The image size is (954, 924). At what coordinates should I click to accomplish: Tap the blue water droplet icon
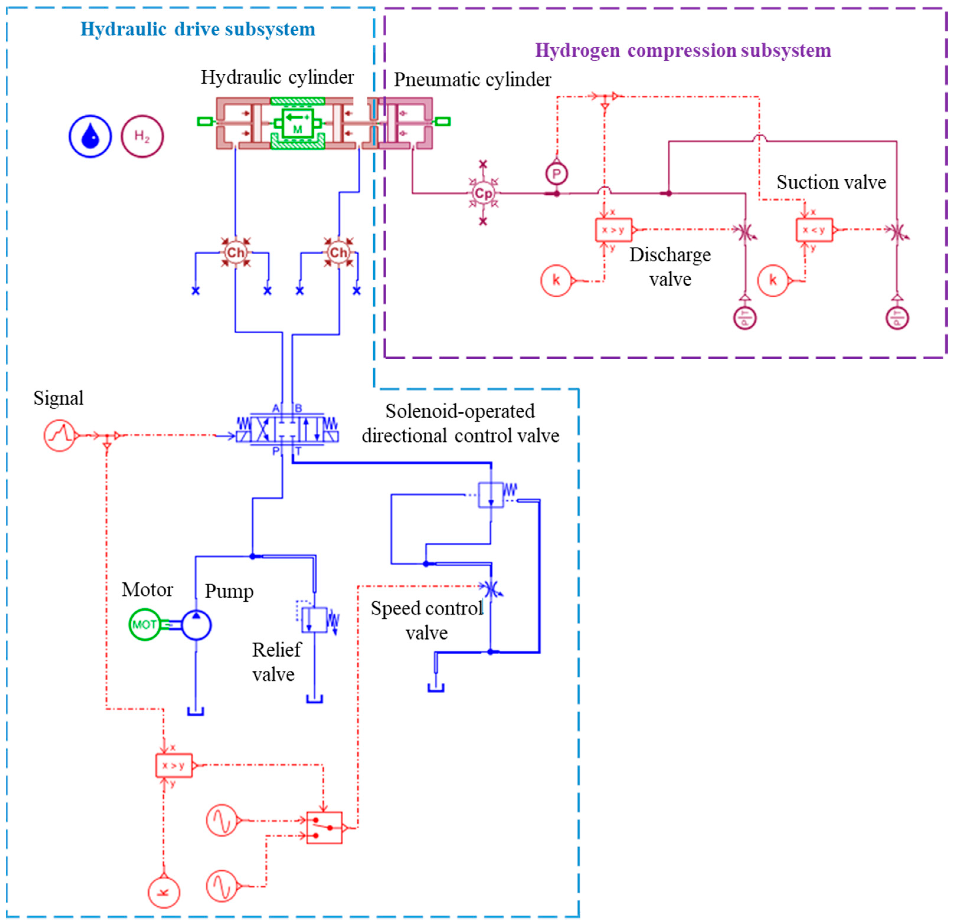tap(90, 136)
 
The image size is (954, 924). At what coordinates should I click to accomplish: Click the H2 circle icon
tap(142, 136)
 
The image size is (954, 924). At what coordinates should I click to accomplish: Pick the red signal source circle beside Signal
tap(59, 435)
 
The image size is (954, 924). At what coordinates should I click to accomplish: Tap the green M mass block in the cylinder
tap(297, 123)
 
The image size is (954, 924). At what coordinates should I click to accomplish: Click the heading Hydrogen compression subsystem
tap(683, 51)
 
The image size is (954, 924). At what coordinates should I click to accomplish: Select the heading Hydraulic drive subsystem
tap(198, 29)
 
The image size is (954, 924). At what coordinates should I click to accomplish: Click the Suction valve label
tap(831, 182)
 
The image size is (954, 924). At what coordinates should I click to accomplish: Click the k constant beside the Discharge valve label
tap(556, 280)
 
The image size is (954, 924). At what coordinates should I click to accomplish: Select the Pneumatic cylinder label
tap(472, 80)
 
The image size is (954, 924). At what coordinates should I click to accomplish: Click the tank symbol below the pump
tap(196, 711)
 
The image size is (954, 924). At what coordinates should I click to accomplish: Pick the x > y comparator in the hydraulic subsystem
tap(174, 765)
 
